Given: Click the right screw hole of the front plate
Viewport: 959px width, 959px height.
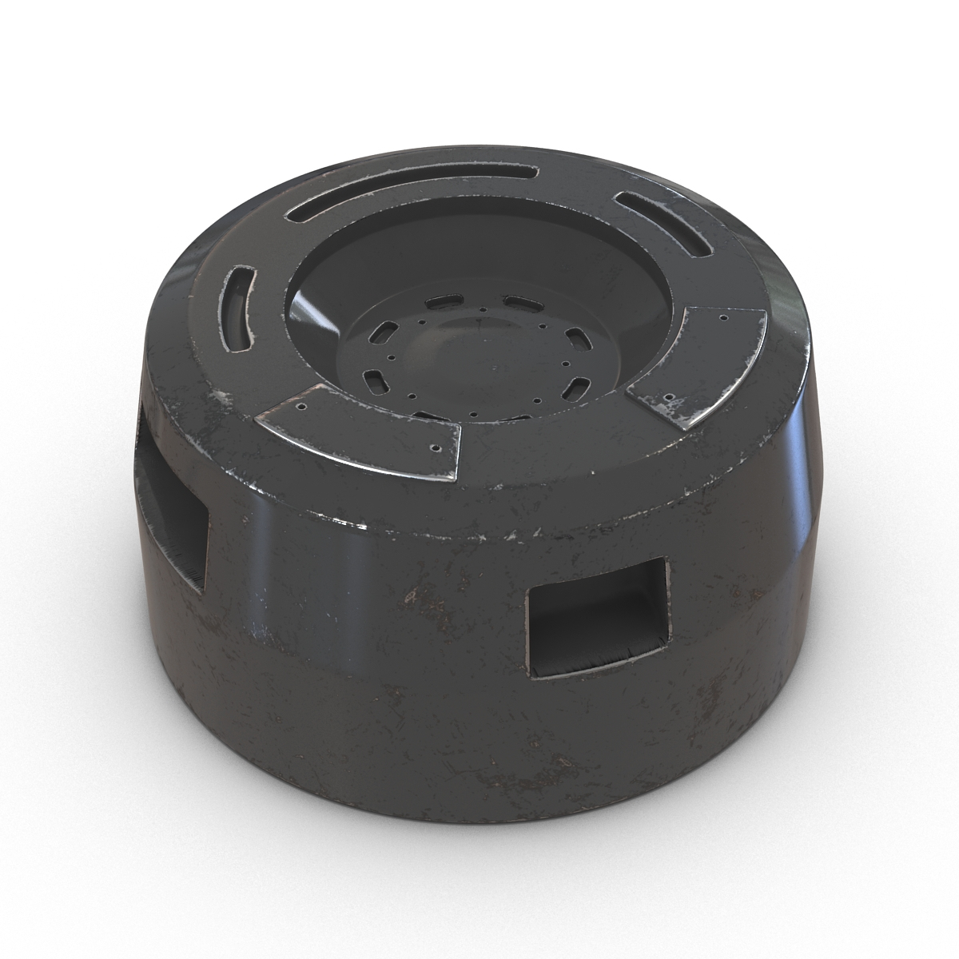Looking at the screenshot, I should [x=436, y=448].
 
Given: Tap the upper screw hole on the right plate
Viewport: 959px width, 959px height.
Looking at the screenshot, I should [x=724, y=317].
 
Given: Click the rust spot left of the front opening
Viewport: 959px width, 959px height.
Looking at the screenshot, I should [x=412, y=595].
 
